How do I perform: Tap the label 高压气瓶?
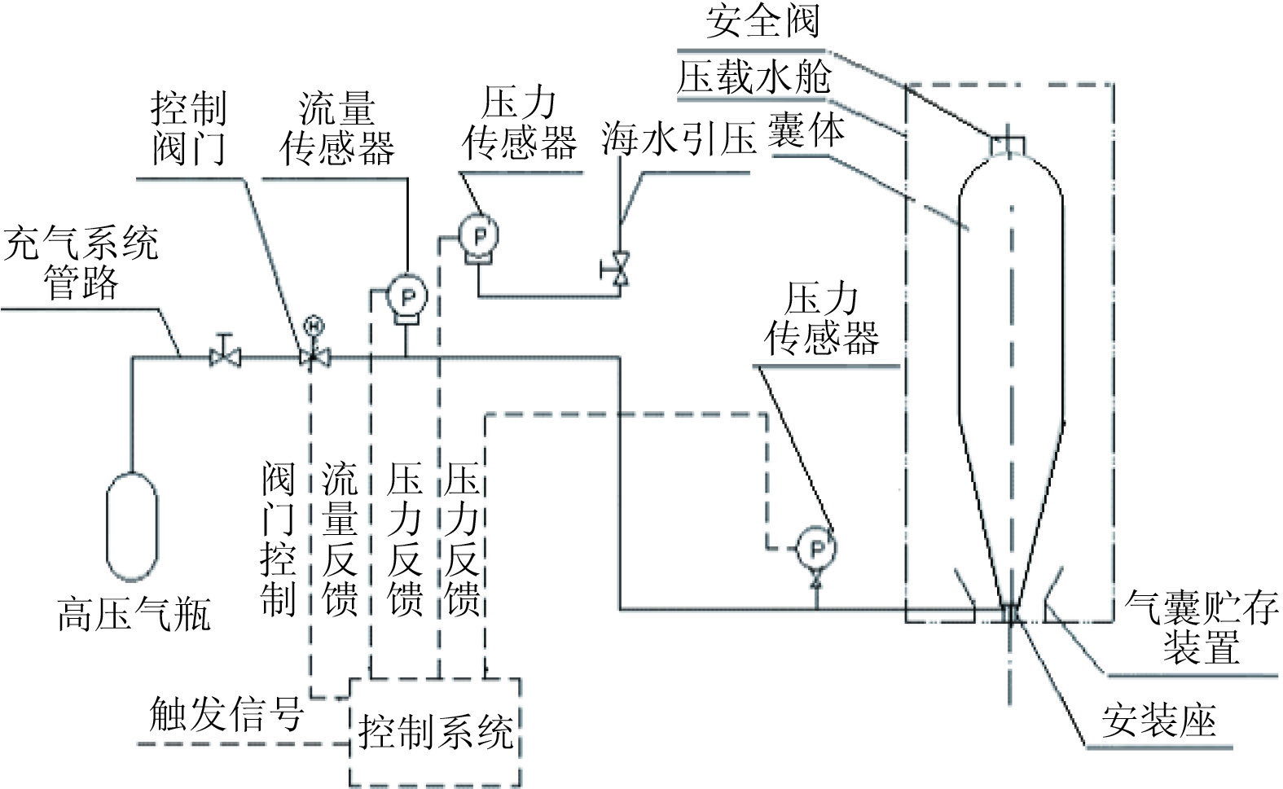click(x=134, y=615)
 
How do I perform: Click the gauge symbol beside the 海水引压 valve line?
click(x=480, y=236)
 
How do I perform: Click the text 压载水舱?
click(x=754, y=78)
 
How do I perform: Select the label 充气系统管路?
click(x=81, y=263)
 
